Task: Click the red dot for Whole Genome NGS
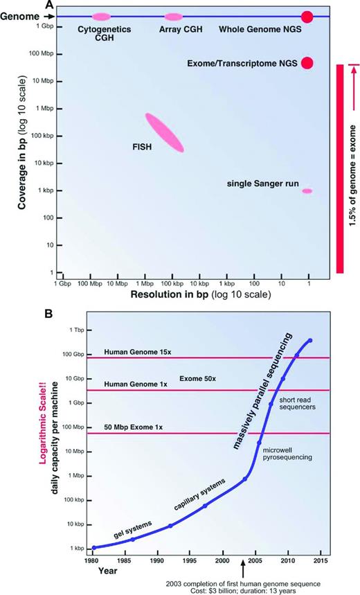click(307, 16)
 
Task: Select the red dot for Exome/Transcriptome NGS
click(307, 63)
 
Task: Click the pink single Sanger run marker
click(307, 190)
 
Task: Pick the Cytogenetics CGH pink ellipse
click(101, 16)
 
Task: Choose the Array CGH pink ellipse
click(173, 16)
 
